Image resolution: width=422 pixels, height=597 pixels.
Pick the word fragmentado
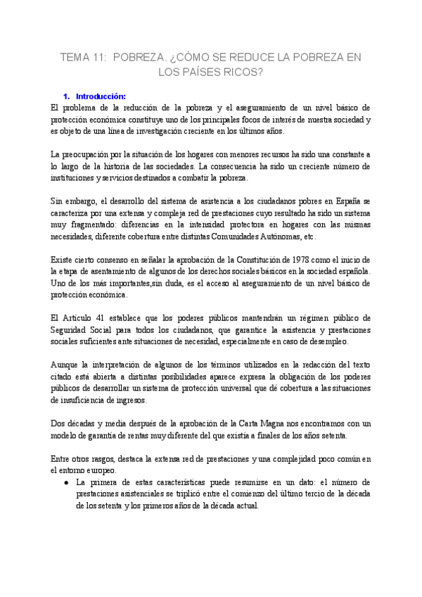89,225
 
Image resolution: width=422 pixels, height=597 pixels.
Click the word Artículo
84,318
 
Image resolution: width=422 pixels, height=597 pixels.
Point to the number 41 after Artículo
109,318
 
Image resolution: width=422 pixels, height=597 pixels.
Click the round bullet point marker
65,482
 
